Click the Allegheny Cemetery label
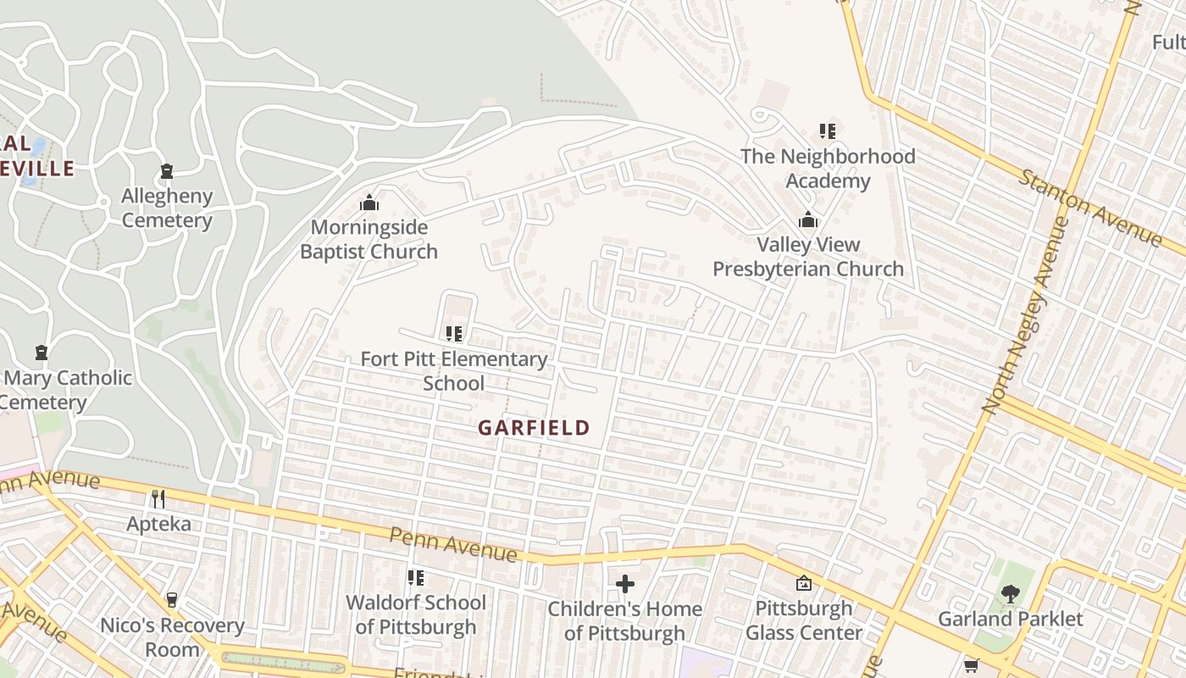(x=167, y=208)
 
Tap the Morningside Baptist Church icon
(x=369, y=203)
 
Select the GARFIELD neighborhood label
(x=533, y=428)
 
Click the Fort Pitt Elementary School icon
(x=453, y=334)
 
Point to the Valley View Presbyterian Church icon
(x=808, y=220)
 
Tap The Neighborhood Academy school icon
(x=827, y=131)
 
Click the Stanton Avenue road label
(x=1090, y=208)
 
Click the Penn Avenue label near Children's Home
(x=453, y=544)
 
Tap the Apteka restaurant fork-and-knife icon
(x=158, y=498)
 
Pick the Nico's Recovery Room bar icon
(x=172, y=600)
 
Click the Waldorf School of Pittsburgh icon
(x=415, y=578)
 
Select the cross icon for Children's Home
(x=625, y=583)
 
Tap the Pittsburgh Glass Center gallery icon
(x=803, y=583)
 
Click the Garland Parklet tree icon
(x=1010, y=594)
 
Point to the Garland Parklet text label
(x=1010, y=620)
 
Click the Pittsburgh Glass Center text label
(x=803, y=620)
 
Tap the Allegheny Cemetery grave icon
(x=167, y=171)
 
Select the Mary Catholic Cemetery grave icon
(x=41, y=353)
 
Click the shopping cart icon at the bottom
(x=971, y=665)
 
